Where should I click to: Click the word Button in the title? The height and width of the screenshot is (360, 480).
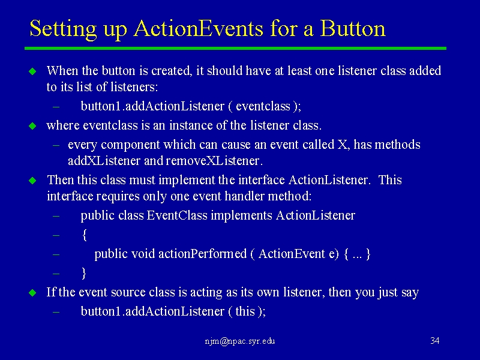[353, 28]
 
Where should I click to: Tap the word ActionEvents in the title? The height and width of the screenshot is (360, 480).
[199, 28]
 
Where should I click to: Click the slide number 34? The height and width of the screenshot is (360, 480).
[434, 341]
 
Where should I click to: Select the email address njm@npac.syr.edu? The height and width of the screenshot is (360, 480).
[240, 341]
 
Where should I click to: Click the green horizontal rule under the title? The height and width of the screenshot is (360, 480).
[235, 49]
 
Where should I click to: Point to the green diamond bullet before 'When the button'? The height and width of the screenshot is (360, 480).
[32, 71]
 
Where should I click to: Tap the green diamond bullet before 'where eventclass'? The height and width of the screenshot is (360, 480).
[32, 126]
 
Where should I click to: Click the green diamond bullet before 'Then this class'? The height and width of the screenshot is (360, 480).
[32, 181]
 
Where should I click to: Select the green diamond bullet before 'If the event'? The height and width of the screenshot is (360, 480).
[32, 293]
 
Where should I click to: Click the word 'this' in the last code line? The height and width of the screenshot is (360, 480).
[245, 311]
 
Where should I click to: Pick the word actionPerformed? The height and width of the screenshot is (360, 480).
[202, 254]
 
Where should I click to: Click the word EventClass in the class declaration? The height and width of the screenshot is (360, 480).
[177, 215]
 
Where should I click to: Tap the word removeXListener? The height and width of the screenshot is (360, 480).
[214, 161]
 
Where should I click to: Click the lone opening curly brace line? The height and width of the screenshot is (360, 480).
[85, 235]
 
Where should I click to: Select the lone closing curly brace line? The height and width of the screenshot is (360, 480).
[84, 273]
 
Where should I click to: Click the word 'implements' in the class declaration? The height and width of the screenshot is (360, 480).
[242, 216]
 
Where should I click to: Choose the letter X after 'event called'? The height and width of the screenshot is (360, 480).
[342, 145]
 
